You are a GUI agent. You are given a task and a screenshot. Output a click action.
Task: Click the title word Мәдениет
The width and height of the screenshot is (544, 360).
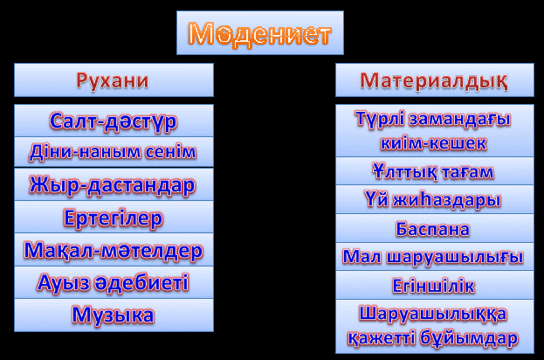coord(260,34)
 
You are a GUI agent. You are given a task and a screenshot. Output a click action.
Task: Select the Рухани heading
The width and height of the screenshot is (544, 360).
coord(113,81)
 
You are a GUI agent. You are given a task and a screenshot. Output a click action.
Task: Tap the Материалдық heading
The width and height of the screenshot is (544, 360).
coord(434,81)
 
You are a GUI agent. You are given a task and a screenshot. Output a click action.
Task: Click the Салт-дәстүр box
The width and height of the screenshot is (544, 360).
coord(114,121)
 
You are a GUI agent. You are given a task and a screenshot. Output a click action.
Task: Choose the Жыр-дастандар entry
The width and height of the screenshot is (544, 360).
coord(113,184)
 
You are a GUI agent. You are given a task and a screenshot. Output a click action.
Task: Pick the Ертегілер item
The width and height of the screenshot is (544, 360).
coord(114,218)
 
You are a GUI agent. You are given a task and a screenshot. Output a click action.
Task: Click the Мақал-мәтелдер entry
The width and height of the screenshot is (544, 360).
coord(114,250)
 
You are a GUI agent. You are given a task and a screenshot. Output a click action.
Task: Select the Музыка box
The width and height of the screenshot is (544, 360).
coord(114,315)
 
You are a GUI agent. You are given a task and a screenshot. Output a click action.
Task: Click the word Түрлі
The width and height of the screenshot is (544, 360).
coord(380,119)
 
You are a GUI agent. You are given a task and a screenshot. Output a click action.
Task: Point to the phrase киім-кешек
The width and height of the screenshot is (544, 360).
coord(433,143)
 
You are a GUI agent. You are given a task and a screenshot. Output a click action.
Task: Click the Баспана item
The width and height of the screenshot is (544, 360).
coord(432,229)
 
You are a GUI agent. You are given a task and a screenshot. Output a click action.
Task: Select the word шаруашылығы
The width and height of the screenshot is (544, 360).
coord(454,258)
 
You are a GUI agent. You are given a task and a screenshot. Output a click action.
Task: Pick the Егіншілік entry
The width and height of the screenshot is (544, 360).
coord(433,286)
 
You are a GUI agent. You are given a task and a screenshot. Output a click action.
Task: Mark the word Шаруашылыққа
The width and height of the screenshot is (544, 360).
coord(433,315)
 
